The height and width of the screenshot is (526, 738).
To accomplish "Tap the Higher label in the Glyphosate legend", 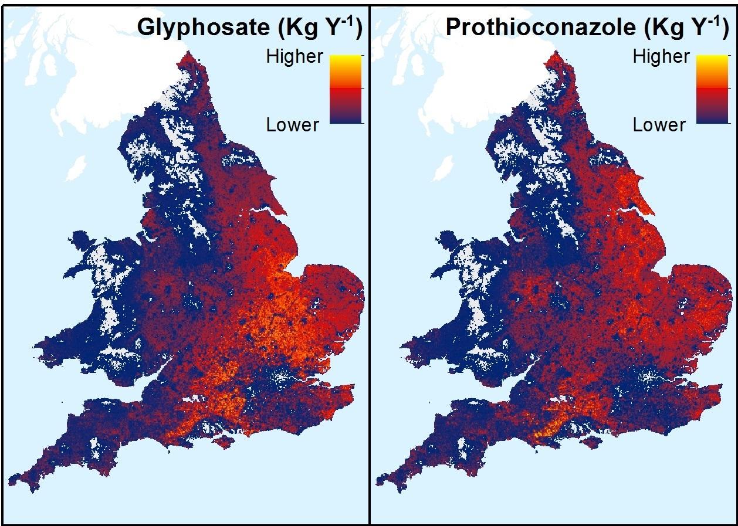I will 294,57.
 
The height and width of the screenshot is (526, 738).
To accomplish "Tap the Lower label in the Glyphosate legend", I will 293,125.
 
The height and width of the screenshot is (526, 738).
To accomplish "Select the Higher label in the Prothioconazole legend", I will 661,57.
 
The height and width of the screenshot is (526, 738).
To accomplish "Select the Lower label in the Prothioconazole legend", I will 659,125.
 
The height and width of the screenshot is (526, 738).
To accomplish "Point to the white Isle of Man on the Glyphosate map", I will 76,169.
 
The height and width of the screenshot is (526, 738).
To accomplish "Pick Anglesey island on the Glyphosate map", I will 83,241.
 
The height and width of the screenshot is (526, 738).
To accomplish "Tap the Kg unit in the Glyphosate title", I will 301,28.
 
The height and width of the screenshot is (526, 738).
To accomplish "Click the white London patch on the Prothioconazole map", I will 649,375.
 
